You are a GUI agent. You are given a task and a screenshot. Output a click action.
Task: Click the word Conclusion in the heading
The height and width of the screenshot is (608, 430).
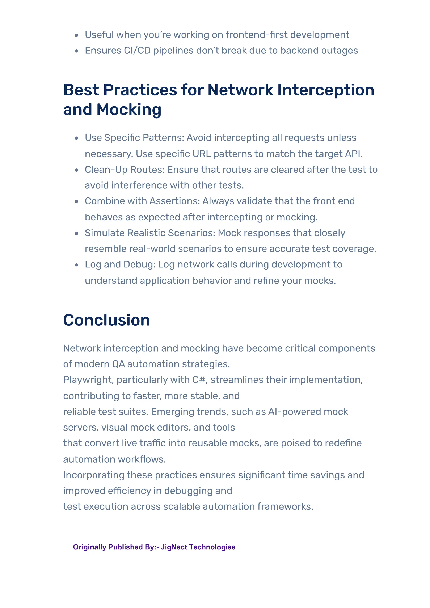(106, 320)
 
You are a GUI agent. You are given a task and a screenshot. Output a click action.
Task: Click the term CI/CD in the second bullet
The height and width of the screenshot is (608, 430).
(137, 51)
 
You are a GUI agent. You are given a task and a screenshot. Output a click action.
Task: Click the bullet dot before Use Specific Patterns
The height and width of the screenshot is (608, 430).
(77, 138)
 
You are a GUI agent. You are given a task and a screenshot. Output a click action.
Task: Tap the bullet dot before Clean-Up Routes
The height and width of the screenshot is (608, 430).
(77, 170)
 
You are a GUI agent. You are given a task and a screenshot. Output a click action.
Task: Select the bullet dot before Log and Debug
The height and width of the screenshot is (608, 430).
(77, 265)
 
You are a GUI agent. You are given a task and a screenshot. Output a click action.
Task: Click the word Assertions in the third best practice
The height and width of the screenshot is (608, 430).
(174, 201)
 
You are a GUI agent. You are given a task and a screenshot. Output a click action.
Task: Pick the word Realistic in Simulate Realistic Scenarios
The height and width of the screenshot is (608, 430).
(146, 233)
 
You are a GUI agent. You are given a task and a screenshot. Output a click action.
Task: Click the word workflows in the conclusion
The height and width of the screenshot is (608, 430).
(142, 459)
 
